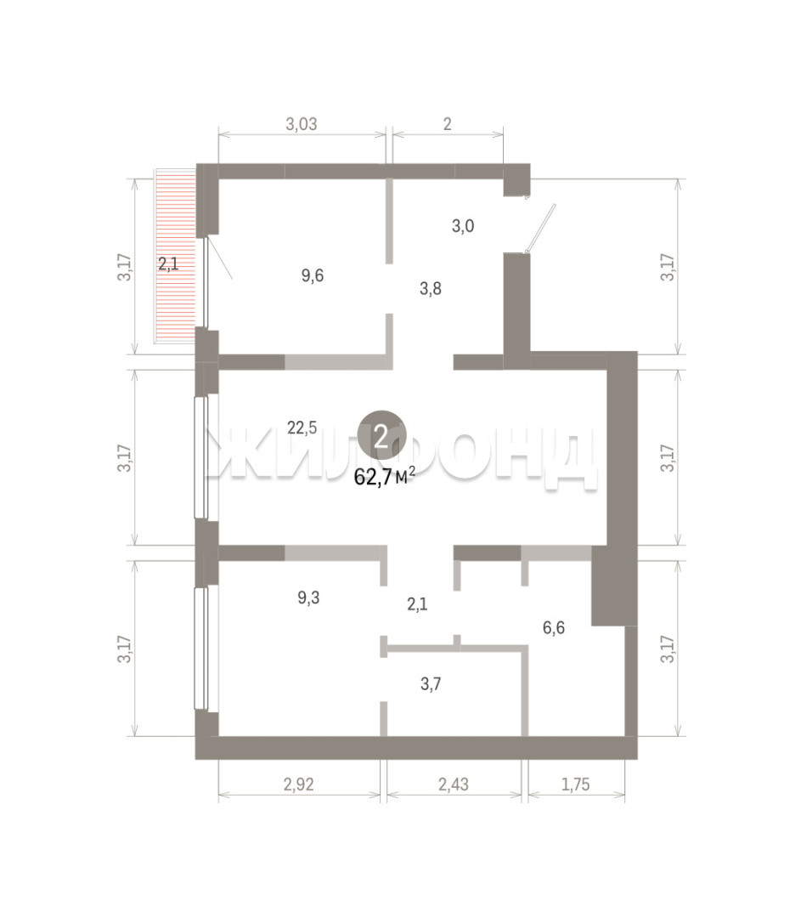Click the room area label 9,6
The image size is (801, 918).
coord(313,275)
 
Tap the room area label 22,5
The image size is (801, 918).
coord(302,428)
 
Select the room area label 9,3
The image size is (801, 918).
coord(308,598)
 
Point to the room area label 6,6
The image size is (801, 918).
coord(554,627)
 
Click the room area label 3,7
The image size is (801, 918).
coord(431,683)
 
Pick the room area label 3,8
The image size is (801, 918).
coord(431,288)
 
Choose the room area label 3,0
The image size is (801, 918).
coord(463,226)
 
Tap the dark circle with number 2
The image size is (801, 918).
coord(381,435)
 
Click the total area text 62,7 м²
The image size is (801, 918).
coord(385,477)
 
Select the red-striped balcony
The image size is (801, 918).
coord(175,256)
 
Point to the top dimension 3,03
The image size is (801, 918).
coord(302,124)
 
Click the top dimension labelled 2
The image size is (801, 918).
coord(448,124)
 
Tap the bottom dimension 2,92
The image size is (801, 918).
coord(299,784)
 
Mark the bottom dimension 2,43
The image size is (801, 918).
coord(454,784)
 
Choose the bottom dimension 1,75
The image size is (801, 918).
coord(576,784)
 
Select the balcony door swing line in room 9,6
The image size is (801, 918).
coord(220,258)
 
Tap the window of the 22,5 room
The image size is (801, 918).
coord(201,457)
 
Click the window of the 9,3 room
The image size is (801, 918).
coord(201,648)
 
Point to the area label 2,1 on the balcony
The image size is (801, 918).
coord(168,264)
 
